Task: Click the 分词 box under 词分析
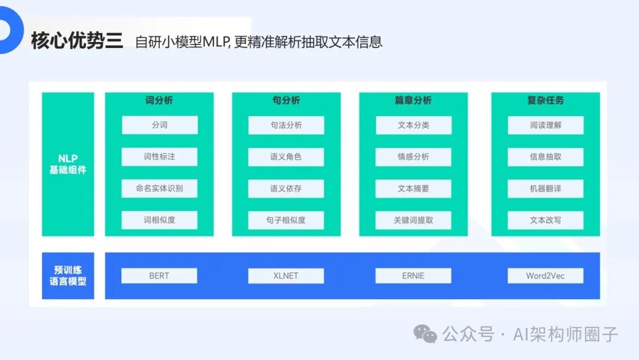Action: click(x=159, y=125)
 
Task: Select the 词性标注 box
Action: click(x=159, y=157)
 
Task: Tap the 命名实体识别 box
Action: click(x=159, y=188)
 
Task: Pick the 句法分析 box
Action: click(x=286, y=125)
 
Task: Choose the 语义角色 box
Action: click(x=286, y=157)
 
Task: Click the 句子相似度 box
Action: click(x=286, y=220)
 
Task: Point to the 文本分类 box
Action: click(x=413, y=125)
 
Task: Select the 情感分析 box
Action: click(x=413, y=157)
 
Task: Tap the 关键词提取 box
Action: click(x=413, y=220)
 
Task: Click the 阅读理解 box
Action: click(x=545, y=125)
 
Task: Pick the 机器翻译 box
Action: click(x=545, y=188)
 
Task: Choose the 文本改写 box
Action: click(x=545, y=220)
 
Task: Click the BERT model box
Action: click(x=159, y=275)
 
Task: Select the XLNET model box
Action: click(x=286, y=275)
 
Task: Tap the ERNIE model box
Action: click(x=413, y=275)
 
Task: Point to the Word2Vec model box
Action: click(x=545, y=275)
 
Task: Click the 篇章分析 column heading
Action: click(x=413, y=101)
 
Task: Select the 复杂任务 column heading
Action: click(x=545, y=101)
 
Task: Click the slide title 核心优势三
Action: click(x=76, y=41)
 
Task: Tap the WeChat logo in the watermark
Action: click(x=425, y=333)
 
